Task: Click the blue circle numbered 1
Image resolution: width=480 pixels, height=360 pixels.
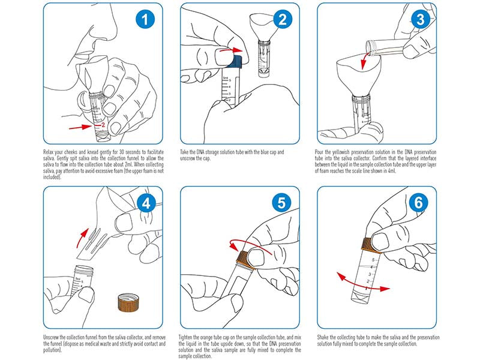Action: tap(142, 20)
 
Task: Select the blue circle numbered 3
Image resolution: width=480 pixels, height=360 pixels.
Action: tap(419, 20)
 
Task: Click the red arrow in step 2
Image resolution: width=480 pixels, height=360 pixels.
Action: tap(230, 52)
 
